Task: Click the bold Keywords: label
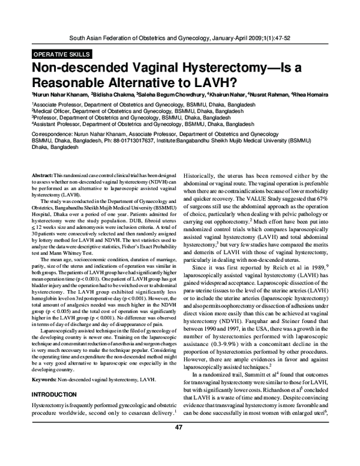[46, 380]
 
